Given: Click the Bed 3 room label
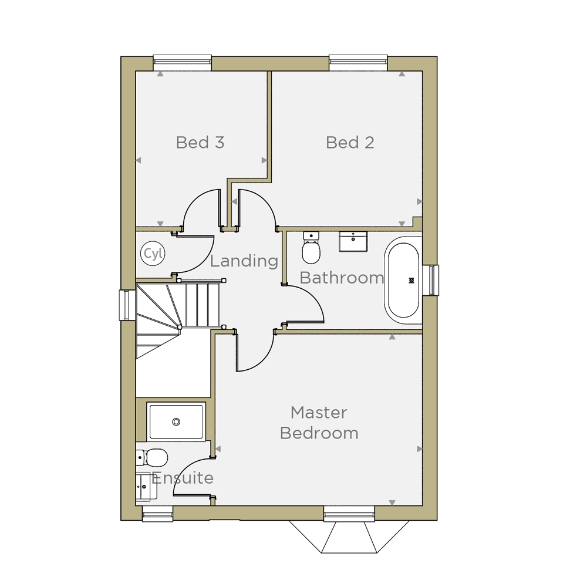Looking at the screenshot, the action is click(x=200, y=143).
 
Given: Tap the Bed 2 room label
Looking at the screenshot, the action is click(x=350, y=143).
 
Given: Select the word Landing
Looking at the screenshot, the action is click(x=244, y=261).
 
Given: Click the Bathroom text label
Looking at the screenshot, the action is click(x=342, y=278).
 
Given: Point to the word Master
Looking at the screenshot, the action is click(x=319, y=413).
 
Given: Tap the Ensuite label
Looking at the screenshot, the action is click(x=183, y=478).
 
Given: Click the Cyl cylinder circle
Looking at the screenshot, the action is click(x=153, y=254).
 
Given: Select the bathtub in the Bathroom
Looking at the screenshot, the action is click(x=403, y=281).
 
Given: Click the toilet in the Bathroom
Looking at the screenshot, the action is click(x=311, y=248).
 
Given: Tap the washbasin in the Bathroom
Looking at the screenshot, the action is click(x=353, y=241).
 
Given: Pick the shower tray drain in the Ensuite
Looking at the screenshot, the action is click(x=176, y=422).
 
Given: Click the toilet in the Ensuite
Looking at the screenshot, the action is click(x=151, y=457).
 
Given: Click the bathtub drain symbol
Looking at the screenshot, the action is click(x=411, y=281).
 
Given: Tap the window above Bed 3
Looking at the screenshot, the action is click(x=183, y=63).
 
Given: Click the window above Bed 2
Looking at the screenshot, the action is click(x=358, y=63).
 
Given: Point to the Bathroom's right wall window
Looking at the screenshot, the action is click(x=430, y=280).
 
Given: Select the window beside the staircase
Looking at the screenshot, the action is click(x=127, y=305).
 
